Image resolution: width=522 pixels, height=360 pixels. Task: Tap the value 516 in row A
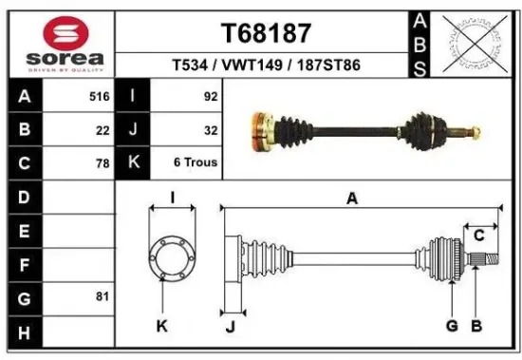tap(99, 97)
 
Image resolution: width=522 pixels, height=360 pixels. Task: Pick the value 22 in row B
tap(103, 130)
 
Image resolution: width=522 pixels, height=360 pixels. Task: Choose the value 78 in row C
tap(103, 162)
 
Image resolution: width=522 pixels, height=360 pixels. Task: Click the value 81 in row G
tap(103, 296)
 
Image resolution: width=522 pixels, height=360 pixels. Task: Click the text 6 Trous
tap(196, 162)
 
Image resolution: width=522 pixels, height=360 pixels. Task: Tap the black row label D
tap(25, 198)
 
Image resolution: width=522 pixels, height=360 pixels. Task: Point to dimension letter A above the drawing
tap(352, 199)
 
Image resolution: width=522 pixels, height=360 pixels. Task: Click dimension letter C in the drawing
tap(479, 234)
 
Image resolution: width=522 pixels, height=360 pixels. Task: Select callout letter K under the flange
tap(161, 326)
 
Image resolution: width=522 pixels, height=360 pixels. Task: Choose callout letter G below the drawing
tap(452, 326)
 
